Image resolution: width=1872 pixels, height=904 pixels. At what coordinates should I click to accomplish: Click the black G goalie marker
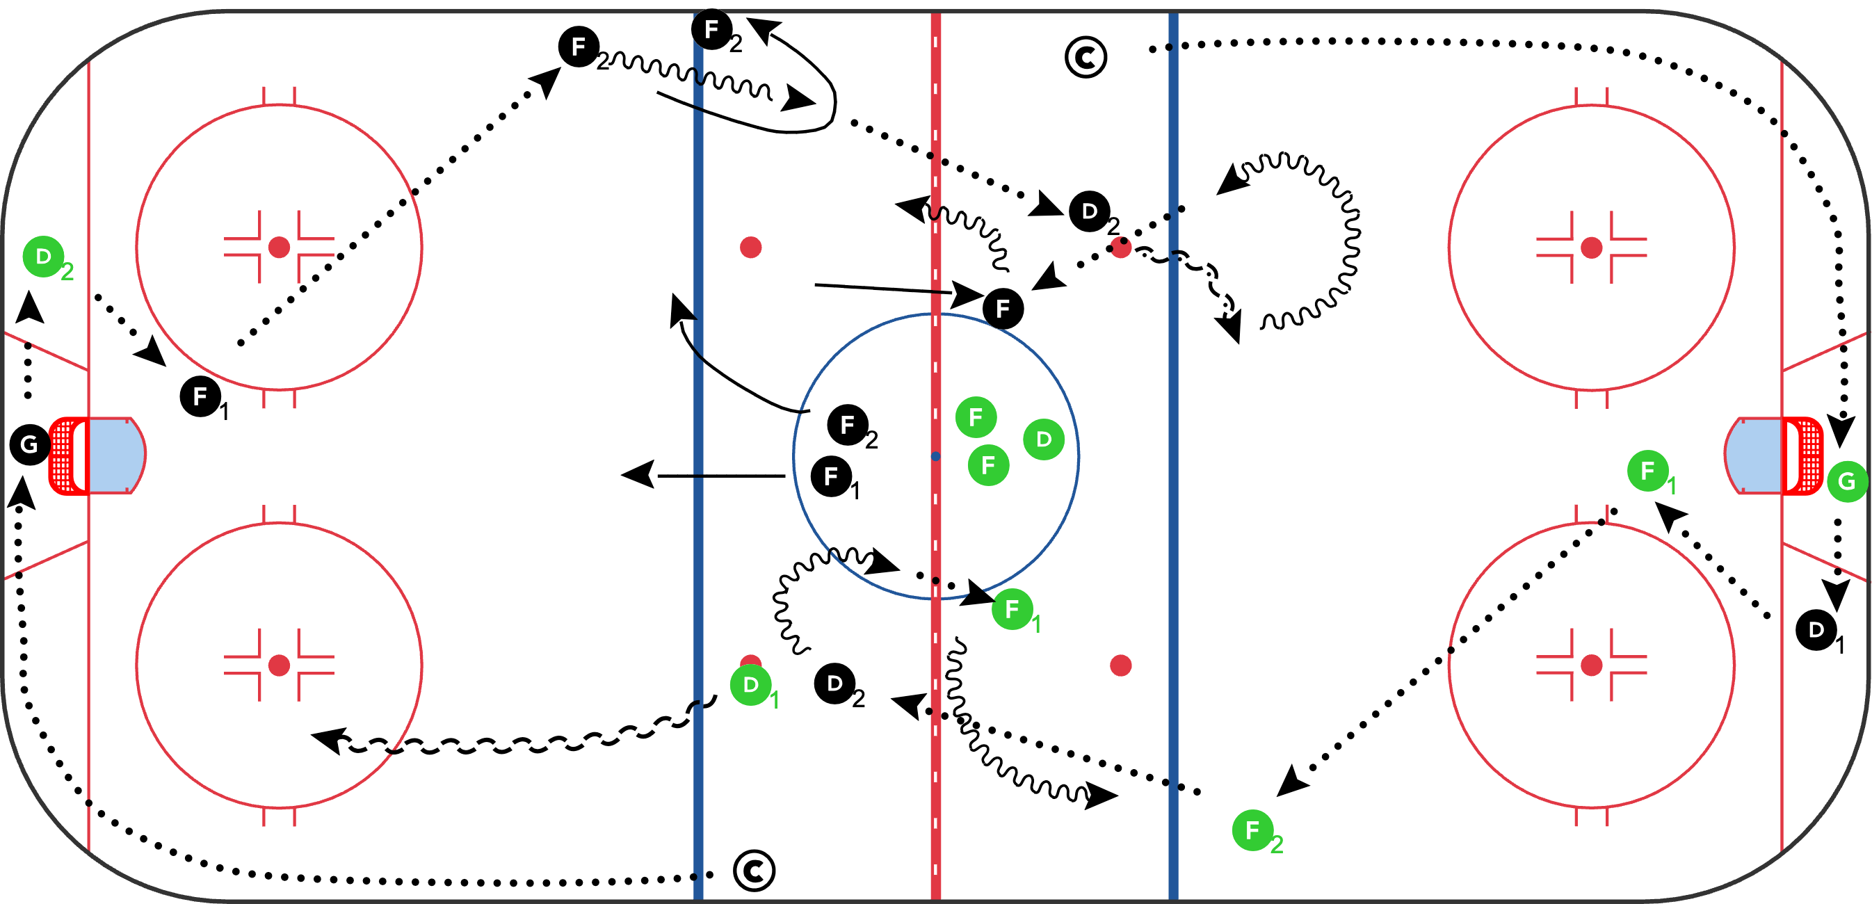point(30,444)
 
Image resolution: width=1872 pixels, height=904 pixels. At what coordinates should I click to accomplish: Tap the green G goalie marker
point(1846,481)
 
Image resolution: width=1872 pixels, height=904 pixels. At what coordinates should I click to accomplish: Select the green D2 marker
point(44,257)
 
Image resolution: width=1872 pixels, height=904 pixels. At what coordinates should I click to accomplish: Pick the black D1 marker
point(1816,629)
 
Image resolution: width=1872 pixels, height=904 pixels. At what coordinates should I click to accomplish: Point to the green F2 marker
point(1253,830)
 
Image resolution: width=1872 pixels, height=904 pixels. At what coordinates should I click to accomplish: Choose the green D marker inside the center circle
point(1044,439)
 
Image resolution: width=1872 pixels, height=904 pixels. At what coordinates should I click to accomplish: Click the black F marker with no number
point(1003,309)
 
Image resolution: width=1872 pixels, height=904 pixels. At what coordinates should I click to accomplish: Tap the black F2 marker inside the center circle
point(848,425)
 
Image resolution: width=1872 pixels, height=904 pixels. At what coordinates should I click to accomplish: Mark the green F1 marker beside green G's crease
point(1648,471)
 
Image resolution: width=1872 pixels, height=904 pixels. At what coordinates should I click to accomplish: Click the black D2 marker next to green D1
point(835,684)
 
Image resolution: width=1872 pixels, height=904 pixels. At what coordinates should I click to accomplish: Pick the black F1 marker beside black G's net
point(200,397)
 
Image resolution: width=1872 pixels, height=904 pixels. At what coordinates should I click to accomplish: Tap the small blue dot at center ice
point(935,456)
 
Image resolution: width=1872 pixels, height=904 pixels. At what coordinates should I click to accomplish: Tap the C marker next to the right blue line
point(1086,58)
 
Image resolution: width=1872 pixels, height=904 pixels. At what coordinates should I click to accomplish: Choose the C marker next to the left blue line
point(755,871)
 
